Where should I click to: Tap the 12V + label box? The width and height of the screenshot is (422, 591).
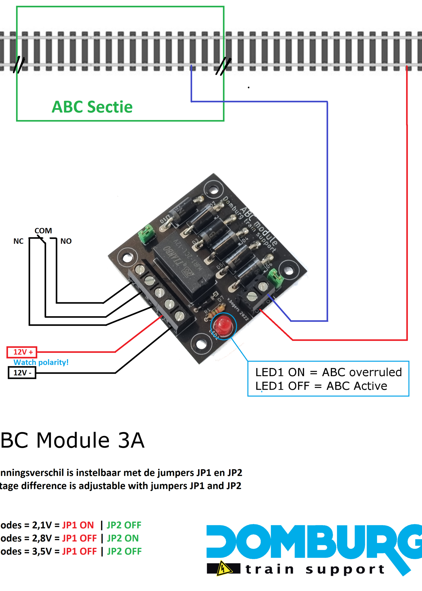click(x=22, y=352)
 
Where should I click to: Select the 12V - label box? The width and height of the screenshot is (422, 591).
click(x=22, y=373)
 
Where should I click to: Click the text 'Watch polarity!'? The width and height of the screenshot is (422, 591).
click(x=41, y=362)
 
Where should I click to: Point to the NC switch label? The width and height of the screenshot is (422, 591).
click(x=18, y=241)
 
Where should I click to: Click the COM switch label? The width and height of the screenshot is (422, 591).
click(x=43, y=230)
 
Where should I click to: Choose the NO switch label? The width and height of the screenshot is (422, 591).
click(x=66, y=241)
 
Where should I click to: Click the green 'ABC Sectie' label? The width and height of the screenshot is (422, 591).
click(x=92, y=107)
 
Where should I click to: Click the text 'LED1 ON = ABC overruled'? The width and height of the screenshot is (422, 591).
click(x=329, y=372)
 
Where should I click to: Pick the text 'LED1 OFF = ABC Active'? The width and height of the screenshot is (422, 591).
click(x=321, y=386)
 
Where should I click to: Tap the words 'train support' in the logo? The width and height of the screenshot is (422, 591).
click(x=315, y=569)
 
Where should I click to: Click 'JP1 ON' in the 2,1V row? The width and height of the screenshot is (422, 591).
click(x=78, y=525)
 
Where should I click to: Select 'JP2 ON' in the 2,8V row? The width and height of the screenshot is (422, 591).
click(x=123, y=538)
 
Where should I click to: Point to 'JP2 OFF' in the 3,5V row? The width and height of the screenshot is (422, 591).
click(x=124, y=551)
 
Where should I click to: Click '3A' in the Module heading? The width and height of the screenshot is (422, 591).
click(x=131, y=440)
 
